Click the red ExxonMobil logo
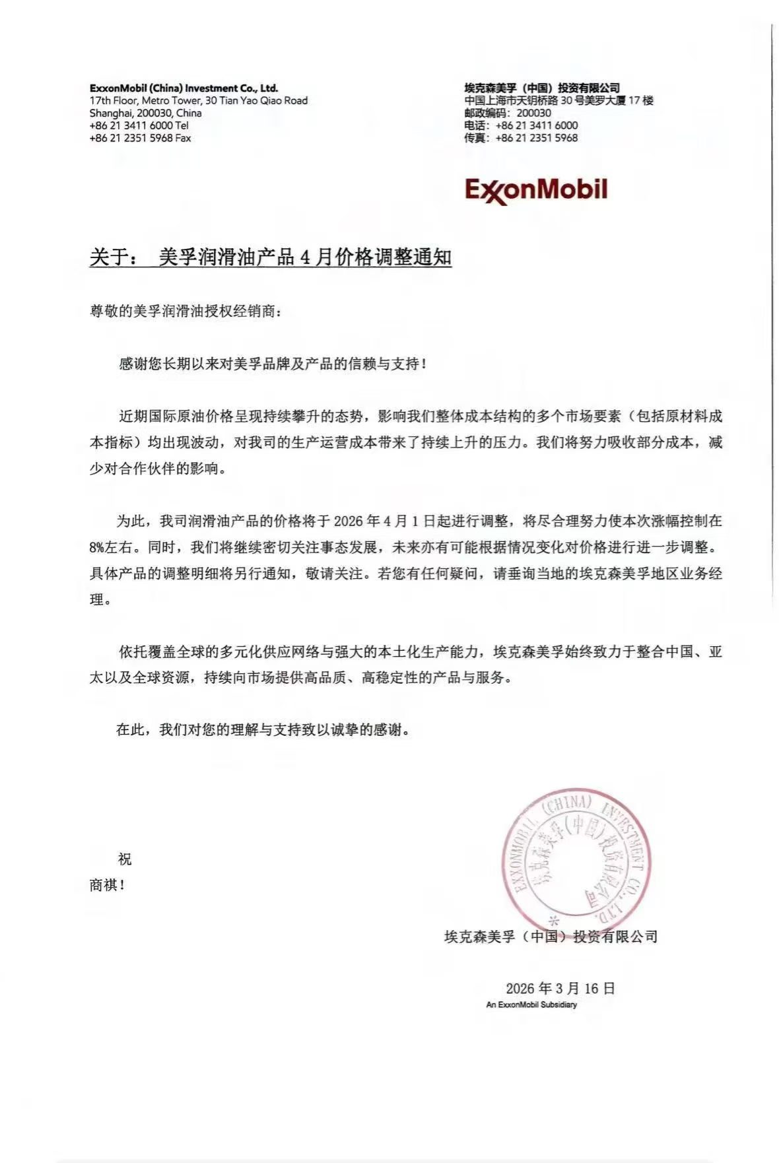[x=535, y=190]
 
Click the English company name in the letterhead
[x=184, y=88]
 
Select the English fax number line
[x=140, y=138]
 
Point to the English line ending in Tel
[x=139, y=125]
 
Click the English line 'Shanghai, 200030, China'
[x=145, y=113]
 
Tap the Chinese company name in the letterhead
[x=541, y=88]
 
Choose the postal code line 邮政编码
[x=507, y=113]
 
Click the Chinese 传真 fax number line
[x=520, y=138]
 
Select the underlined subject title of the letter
[x=271, y=257]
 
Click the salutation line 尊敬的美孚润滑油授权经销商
[x=186, y=311]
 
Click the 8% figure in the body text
[x=100, y=547]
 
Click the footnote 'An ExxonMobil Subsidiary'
[x=531, y=1005]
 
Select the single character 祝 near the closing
[x=124, y=859]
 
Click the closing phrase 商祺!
[x=107, y=885]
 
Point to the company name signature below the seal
[x=551, y=936]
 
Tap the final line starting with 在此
[x=267, y=730]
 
